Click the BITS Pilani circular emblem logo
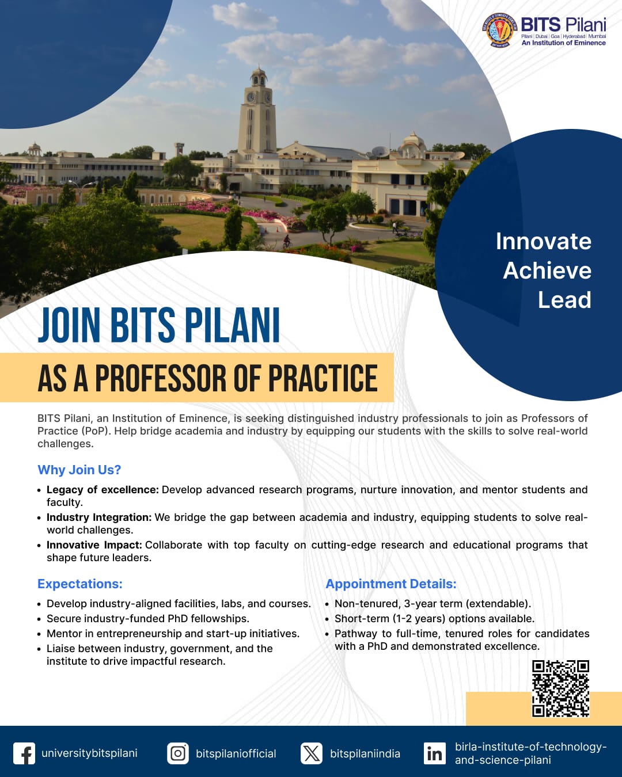point(500,30)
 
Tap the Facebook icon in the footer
point(24,753)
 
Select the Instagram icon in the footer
point(178,753)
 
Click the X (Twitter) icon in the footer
point(312,753)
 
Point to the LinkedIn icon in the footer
point(435,753)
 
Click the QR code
point(560,688)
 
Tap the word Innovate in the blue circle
point(543,241)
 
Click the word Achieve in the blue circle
point(547,271)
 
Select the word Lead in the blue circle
point(564,300)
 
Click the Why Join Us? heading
point(79,470)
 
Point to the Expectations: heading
point(80,584)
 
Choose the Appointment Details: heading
point(391,584)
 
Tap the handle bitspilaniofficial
point(236,753)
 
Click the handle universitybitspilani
point(89,753)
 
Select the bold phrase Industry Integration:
point(99,517)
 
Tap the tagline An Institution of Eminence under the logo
point(563,43)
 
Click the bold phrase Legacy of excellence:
point(103,490)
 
